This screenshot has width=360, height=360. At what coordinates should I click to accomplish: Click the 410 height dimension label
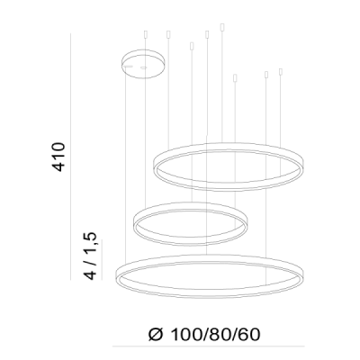click(x=58, y=157)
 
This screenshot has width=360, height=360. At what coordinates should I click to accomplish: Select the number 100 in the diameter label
click(x=186, y=335)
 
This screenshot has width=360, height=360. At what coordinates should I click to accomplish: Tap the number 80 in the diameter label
click(x=218, y=335)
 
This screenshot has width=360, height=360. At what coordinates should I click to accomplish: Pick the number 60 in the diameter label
click(x=249, y=335)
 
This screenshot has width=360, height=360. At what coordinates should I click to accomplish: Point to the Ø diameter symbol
click(x=156, y=335)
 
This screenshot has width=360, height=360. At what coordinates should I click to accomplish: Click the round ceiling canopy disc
click(x=143, y=64)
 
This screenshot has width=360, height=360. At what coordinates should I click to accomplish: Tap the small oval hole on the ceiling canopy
click(x=144, y=67)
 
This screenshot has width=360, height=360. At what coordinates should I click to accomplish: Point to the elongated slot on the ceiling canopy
click(x=128, y=66)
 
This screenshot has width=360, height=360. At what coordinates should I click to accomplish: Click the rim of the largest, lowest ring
click(x=210, y=296)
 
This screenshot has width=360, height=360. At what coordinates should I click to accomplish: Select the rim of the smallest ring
click(x=190, y=244)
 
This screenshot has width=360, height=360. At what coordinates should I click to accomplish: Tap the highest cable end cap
click(x=222, y=27)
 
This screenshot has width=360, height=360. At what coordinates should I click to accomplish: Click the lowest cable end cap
click(x=235, y=78)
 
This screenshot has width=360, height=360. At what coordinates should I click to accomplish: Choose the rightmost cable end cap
click(x=281, y=72)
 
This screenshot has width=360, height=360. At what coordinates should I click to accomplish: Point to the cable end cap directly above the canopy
click(x=146, y=34)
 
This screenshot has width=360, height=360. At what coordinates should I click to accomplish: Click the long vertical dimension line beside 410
click(x=70, y=157)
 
